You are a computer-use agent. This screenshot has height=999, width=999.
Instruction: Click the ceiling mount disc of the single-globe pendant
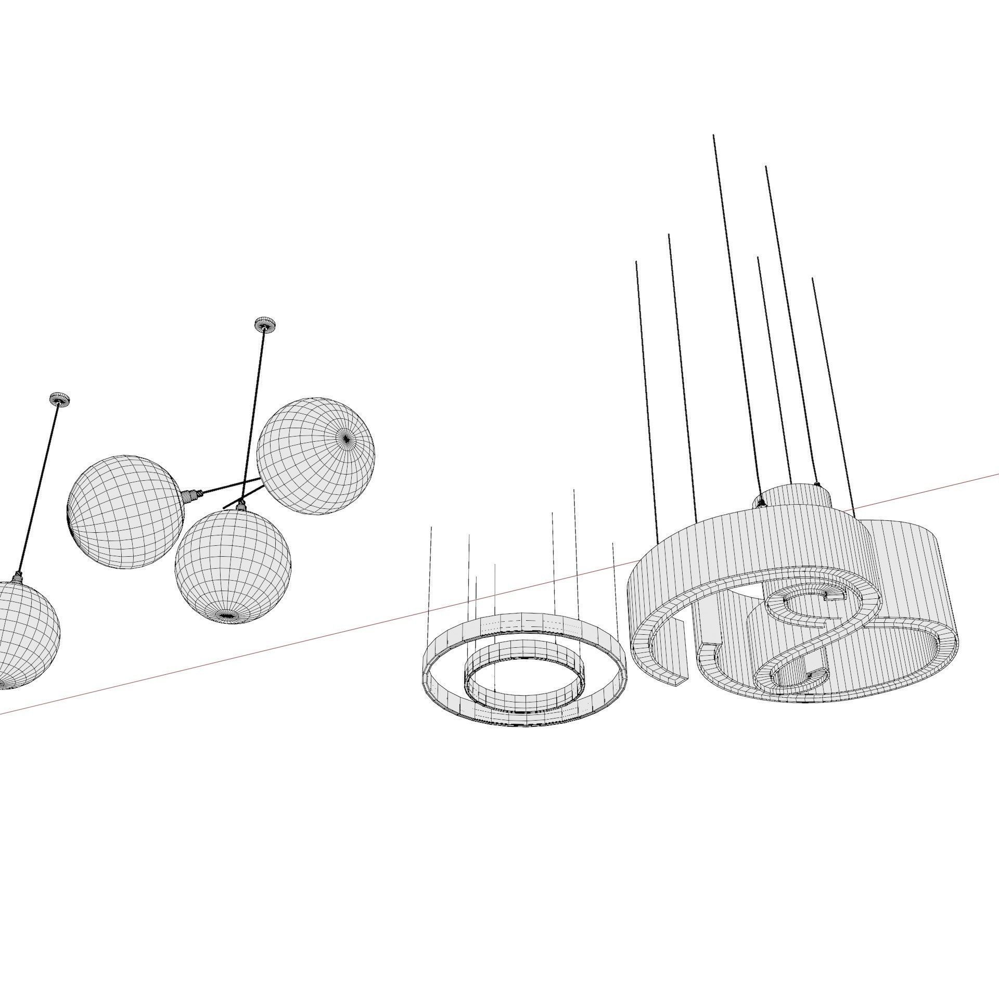(59, 400)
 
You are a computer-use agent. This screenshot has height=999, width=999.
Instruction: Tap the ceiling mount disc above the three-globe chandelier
(264, 324)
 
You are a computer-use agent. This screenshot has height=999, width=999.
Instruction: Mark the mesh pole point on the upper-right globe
(347, 439)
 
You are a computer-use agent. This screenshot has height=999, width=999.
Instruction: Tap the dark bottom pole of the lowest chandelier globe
(227, 616)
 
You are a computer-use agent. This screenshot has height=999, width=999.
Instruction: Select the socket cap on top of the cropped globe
(18, 577)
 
